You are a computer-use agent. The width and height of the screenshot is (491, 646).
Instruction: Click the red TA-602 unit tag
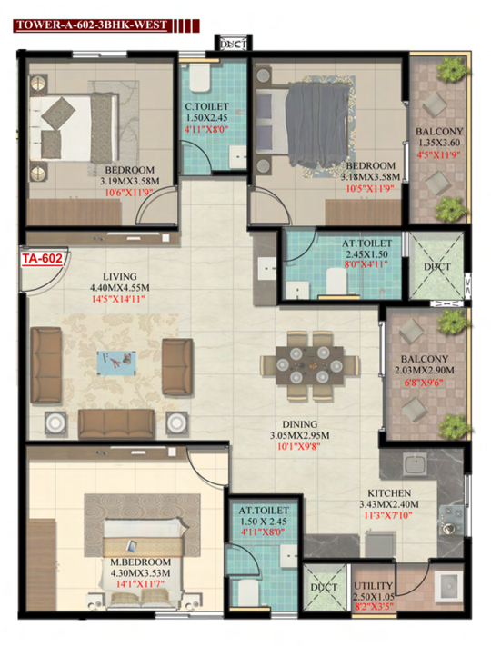coord(42,259)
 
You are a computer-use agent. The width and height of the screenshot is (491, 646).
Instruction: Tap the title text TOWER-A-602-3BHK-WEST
coord(92,25)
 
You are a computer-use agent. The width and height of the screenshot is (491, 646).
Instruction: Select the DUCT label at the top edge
coord(234,45)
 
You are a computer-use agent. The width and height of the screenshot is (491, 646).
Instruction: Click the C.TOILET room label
coord(206,106)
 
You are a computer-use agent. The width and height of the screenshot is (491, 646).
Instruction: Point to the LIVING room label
coord(119,277)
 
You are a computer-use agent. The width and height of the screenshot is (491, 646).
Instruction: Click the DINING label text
coord(300,424)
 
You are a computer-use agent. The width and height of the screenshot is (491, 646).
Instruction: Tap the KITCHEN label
coord(389,493)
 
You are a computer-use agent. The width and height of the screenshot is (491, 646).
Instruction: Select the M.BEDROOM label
coord(140,562)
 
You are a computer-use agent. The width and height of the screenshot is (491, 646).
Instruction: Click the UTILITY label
coord(373,585)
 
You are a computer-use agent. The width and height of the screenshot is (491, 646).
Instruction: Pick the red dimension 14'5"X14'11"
coord(118,299)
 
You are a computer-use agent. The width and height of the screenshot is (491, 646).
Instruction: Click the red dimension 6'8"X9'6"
coord(424,383)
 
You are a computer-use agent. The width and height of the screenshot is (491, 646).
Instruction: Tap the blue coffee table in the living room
coord(116,363)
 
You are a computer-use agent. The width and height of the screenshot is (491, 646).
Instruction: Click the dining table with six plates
coord(310,365)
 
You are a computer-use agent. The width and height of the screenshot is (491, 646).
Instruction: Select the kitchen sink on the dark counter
coord(416,464)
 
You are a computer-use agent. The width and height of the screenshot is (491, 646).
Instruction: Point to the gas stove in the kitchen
coord(451,521)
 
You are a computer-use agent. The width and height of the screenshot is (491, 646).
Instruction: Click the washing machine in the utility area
coord(448,586)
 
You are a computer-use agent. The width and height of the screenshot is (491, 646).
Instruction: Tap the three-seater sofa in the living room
coord(116,424)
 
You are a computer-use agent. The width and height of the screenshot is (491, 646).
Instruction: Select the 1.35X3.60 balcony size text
coord(439,143)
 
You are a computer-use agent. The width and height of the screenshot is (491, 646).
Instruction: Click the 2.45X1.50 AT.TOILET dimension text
coord(366,254)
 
